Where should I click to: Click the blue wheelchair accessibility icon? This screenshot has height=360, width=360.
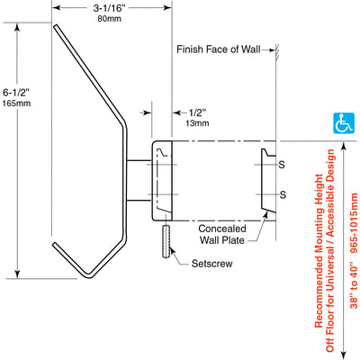[344, 123]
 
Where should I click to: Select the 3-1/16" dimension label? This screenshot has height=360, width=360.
[109, 8]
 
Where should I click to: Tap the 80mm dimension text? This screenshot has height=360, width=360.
[109, 19]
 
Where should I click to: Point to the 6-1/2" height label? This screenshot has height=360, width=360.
[17, 91]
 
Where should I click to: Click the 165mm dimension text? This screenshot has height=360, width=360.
[17, 103]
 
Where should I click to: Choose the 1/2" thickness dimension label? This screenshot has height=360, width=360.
[198, 113]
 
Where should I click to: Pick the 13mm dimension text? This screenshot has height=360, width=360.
[197, 123]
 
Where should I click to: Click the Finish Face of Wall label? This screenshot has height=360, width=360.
[219, 49]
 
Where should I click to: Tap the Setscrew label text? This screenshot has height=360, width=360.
[211, 264]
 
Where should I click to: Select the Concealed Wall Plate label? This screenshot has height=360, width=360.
[222, 234]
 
